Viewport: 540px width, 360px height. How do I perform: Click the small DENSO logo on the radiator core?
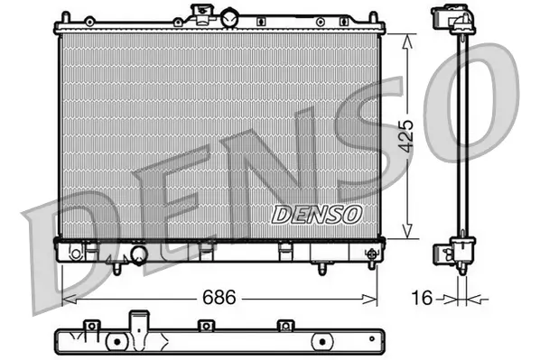pyautogui.click(x=316, y=214)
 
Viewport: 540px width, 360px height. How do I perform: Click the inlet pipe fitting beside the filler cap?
pyautogui.click(x=199, y=13)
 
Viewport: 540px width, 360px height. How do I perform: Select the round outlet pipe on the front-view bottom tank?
pyautogui.click(x=138, y=255)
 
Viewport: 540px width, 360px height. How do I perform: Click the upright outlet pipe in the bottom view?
pyautogui.click(x=138, y=324)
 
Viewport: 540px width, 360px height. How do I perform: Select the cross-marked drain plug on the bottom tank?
pyautogui.click(x=370, y=254)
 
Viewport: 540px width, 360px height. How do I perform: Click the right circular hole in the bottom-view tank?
pyautogui.click(x=321, y=342)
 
